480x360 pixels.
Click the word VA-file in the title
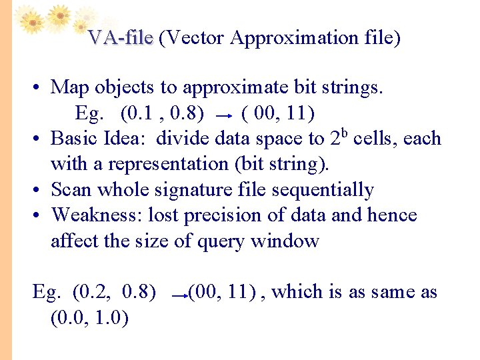(120, 38)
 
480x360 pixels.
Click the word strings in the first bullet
(357, 87)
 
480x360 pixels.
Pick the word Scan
(72, 190)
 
